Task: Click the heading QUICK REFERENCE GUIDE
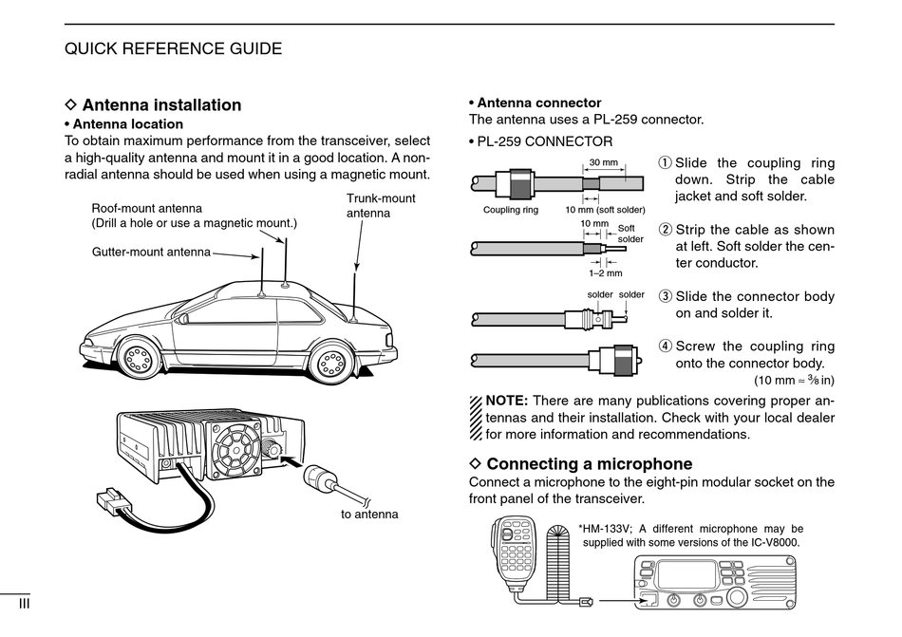[x=173, y=48]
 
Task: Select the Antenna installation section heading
[x=161, y=105]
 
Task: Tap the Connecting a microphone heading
[x=589, y=464]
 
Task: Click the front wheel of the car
[x=139, y=359]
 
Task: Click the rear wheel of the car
[x=332, y=361]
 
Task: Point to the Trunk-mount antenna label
[x=380, y=206]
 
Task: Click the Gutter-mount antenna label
[x=151, y=253]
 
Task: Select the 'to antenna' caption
[x=369, y=514]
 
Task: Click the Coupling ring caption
[x=511, y=210]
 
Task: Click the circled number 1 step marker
[x=665, y=163]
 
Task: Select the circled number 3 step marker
[x=665, y=296]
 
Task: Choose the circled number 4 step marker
[x=665, y=347]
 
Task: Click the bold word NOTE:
[x=506, y=401]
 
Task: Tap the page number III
[x=26, y=603]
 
